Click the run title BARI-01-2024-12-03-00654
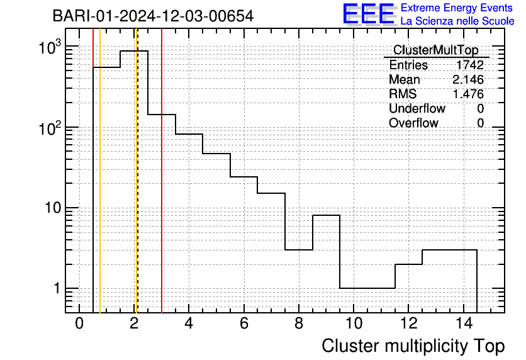pyautogui.click(x=153, y=16)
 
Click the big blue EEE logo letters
pyautogui.click(x=369, y=14)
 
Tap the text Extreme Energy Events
pyautogui.click(x=457, y=8)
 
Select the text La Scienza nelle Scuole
pyautogui.click(x=457, y=21)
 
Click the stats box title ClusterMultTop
pyautogui.click(x=436, y=50)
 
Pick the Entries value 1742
pyautogui.click(x=469, y=65)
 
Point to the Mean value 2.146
pyautogui.click(x=468, y=79)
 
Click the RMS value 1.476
pyautogui.click(x=468, y=94)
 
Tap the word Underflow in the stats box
pyautogui.click(x=417, y=108)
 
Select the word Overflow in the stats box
pyautogui.click(x=413, y=123)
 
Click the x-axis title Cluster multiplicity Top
pyautogui.click(x=413, y=346)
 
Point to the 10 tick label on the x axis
pyautogui.click(x=354, y=323)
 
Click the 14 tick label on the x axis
pyautogui.click(x=464, y=323)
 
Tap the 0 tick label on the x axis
pyautogui.click(x=79, y=323)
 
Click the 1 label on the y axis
pyautogui.click(x=57, y=288)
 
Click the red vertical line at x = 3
pyautogui.click(x=162, y=171)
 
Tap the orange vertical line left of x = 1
pyautogui.click(x=100, y=171)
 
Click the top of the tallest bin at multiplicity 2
pyautogui.click(x=134, y=51)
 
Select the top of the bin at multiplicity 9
pyautogui.click(x=326, y=215)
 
